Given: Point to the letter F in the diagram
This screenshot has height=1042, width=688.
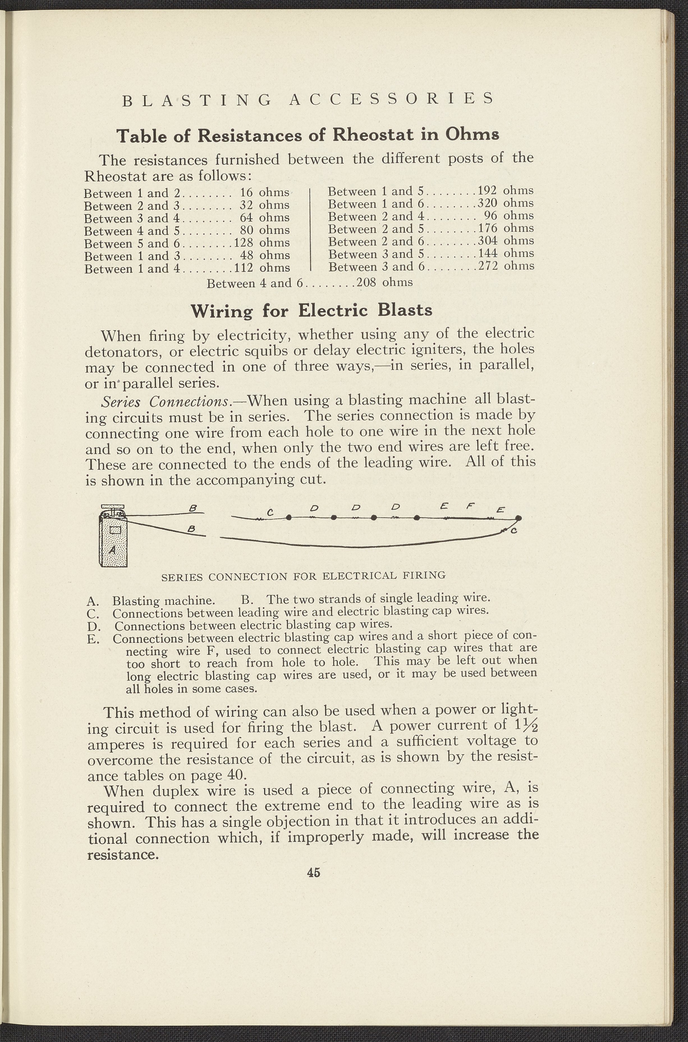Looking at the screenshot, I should [469, 506].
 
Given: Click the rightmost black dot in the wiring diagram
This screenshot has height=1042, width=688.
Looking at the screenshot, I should [519, 518].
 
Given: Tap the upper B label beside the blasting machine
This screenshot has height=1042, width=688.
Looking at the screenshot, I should [191, 508].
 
